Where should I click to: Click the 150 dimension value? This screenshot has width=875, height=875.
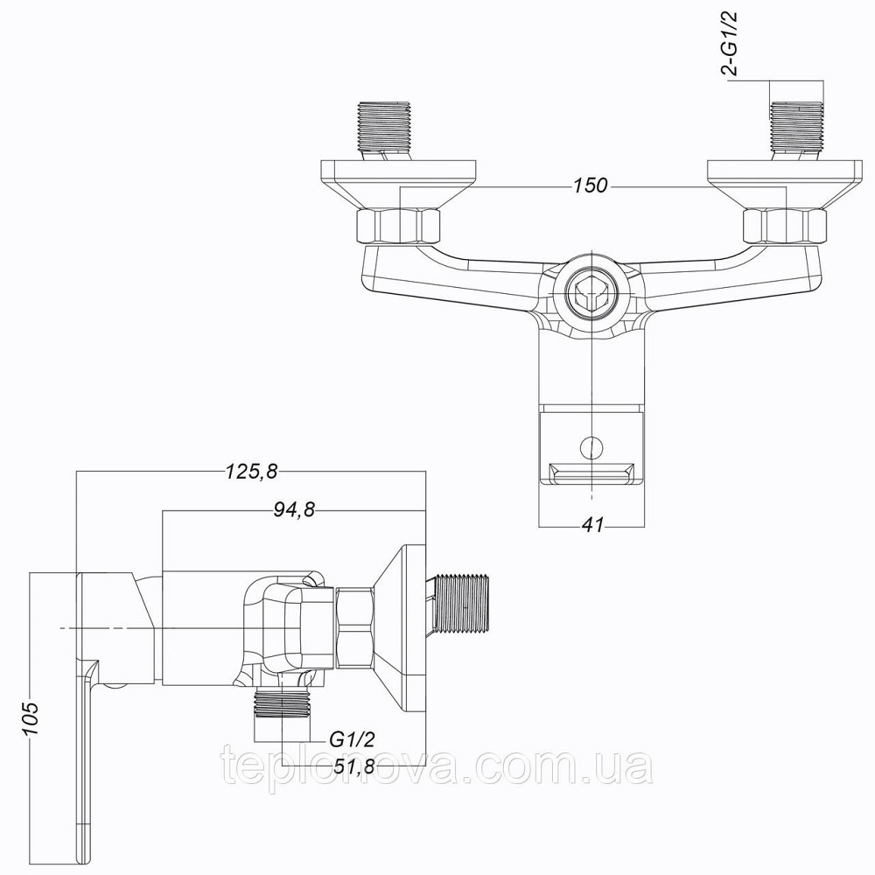591,186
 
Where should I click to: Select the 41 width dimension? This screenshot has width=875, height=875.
594,525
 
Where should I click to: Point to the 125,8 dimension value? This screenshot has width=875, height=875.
251,472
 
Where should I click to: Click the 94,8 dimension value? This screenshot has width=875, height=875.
292,511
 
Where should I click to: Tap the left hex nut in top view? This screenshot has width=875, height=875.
399,227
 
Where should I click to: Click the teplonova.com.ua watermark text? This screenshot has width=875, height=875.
437,770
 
